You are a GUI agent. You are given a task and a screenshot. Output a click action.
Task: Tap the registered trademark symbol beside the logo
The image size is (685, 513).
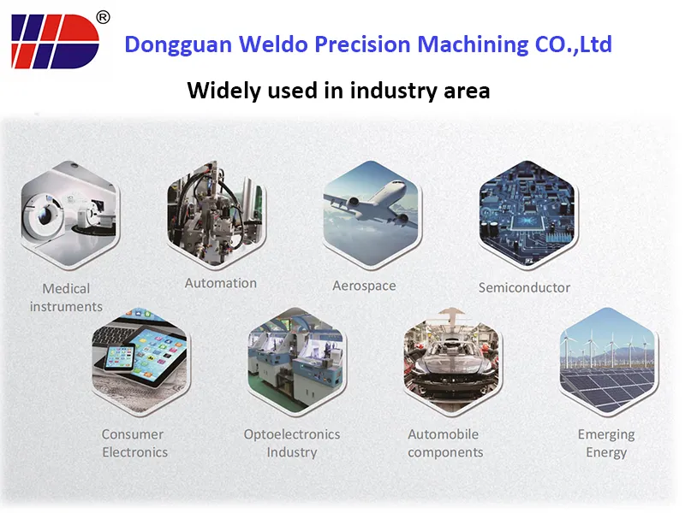103,16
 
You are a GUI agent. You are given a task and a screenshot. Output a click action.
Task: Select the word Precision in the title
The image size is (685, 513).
365,44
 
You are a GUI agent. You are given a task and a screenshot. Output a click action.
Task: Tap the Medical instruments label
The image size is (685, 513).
66,298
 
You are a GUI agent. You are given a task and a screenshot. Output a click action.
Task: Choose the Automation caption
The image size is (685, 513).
221,283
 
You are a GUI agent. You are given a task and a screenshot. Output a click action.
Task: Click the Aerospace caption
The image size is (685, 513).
364,286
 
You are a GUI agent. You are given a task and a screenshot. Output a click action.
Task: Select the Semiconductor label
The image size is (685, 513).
524,287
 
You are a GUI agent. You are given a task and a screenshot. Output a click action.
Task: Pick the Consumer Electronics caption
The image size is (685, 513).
134,443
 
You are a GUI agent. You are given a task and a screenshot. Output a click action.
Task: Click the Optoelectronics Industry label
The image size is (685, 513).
292,443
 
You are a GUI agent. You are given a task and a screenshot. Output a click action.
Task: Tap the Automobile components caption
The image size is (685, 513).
445,443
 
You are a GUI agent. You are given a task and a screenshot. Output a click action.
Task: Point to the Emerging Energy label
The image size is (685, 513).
606,443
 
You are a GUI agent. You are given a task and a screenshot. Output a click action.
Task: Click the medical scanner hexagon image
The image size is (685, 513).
68,217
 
